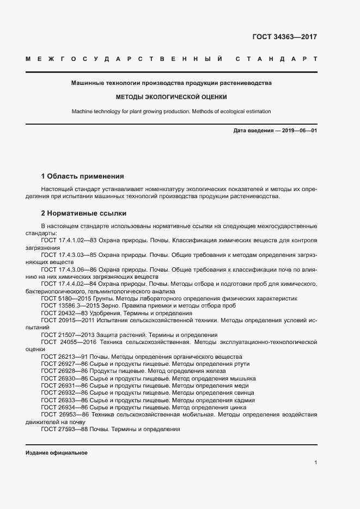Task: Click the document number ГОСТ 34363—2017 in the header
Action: (284, 37)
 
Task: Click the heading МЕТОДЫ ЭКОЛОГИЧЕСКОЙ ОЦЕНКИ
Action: (171, 97)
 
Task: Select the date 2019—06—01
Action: (299, 131)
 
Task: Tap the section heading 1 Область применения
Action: (82, 176)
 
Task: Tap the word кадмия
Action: (243, 400)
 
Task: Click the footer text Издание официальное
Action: (56, 453)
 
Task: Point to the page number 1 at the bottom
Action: (315, 462)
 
